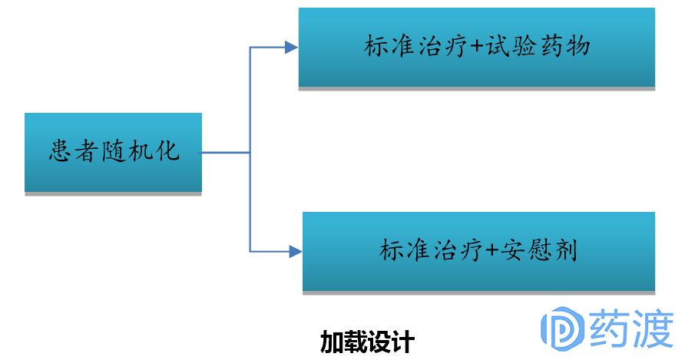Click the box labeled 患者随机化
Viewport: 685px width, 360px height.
tap(113, 152)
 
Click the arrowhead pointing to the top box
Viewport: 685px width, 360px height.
tap(291, 48)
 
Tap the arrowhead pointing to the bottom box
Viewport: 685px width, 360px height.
tap(293, 251)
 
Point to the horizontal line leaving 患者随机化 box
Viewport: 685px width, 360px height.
tap(226, 153)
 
